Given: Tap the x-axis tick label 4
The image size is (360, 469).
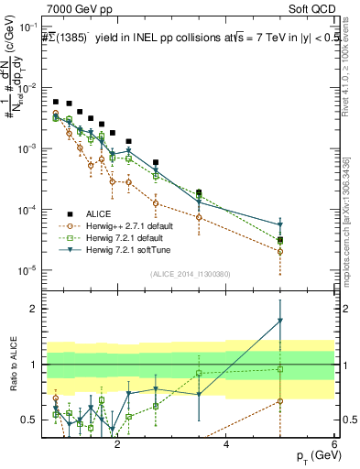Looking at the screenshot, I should click(226, 444).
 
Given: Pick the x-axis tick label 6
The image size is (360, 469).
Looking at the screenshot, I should click(335, 444).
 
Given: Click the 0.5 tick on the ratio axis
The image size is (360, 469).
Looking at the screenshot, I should click(29, 420).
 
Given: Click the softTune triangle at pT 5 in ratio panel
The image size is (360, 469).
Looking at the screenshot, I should click(280, 321).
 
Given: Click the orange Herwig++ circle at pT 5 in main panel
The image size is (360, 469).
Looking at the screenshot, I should click(280, 251).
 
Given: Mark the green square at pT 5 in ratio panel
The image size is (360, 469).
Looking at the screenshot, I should click(280, 369).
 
